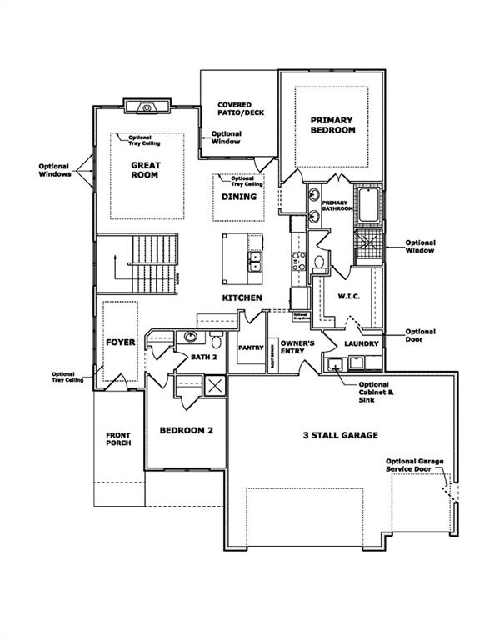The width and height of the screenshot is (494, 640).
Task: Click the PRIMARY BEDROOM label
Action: click(x=333, y=125)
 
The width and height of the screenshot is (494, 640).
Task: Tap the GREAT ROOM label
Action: click(x=145, y=171)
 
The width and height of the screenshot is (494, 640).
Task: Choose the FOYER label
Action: click(x=120, y=342)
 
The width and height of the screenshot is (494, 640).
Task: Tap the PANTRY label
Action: click(x=251, y=347)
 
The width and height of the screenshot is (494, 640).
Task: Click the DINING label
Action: click(x=238, y=197)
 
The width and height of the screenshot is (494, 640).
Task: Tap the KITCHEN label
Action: click(x=242, y=297)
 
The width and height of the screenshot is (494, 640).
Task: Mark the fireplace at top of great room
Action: click(x=147, y=107)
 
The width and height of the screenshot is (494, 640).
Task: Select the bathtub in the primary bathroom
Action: click(x=369, y=207)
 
